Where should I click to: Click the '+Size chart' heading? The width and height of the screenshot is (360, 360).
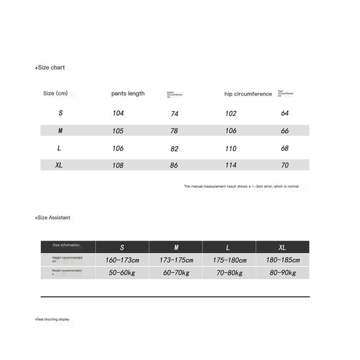tap(50, 68)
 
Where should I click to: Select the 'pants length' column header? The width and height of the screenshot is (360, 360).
tap(128, 94)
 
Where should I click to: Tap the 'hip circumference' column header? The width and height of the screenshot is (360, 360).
tap(248, 94)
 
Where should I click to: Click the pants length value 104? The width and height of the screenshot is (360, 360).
tap(119, 113)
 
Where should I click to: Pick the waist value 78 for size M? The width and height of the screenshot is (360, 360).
tap(174, 131)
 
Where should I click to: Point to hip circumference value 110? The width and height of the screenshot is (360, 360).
tap(231, 148)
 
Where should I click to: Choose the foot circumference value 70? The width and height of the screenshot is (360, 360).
tap(285, 165)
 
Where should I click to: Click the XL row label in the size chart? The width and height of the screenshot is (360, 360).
tap(59, 165)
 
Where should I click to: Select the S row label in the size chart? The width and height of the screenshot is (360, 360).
tap(61, 113)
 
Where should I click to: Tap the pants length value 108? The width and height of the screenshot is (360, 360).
tap(119, 165)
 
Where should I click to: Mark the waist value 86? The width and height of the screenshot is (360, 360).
tap(174, 165)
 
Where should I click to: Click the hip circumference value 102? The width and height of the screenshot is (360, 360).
tap(231, 113)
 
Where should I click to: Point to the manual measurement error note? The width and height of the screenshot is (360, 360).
tap(241, 187)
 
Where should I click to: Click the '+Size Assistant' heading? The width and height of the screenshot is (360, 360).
tap(52, 218)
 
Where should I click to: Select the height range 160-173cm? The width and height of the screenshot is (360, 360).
tap(122, 260)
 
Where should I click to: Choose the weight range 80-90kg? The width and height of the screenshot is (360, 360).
tap(283, 273)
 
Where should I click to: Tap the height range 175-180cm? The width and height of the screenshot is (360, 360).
tap(229, 260)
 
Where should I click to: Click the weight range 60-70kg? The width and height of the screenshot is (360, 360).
tap(176, 273)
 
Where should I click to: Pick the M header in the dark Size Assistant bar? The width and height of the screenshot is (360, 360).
tap(176, 247)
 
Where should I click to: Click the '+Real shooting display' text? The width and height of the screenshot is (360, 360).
tap(52, 319)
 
